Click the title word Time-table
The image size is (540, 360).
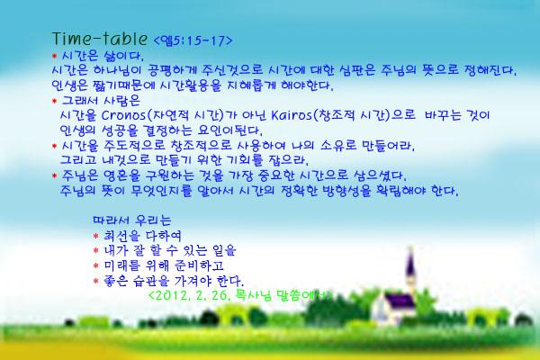(100, 39)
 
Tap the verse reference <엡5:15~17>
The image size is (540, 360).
(193, 40)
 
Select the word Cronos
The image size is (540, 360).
(123, 115)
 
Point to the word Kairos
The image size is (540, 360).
(291, 115)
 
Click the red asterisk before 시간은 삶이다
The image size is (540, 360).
(54, 56)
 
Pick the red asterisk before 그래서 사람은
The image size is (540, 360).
(54, 101)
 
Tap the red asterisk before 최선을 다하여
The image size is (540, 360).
(95, 236)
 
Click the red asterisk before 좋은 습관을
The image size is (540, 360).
(95, 281)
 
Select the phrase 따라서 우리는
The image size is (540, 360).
(132, 220)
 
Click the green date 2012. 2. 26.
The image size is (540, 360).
(189, 296)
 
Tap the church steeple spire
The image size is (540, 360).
(410, 262)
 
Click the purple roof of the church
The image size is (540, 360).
(399, 301)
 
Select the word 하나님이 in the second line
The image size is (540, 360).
(117, 70)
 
